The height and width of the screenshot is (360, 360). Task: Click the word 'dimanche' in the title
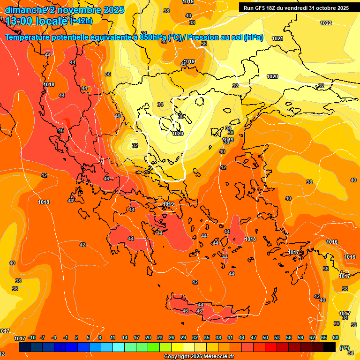(x=24, y=10)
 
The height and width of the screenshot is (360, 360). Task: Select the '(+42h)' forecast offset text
(x=81, y=21)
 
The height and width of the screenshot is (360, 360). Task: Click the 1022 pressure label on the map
(x=326, y=23)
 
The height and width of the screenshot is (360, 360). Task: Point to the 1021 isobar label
(x=277, y=38)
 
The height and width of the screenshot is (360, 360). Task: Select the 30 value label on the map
(x=181, y=116)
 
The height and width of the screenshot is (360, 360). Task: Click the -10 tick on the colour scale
(x=32, y=337)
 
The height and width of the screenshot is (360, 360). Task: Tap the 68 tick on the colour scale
(x=336, y=337)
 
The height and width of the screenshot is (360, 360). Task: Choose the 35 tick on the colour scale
(x=207, y=337)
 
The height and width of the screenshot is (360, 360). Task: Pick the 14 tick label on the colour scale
(x=125, y=337)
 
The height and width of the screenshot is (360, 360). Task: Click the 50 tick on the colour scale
(x=265, y=337)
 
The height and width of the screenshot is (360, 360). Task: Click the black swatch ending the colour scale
(x=330, y=347)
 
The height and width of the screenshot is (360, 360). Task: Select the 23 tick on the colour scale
(x=160, y=337)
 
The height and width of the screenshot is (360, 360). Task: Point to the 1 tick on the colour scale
(x=76, y=337)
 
